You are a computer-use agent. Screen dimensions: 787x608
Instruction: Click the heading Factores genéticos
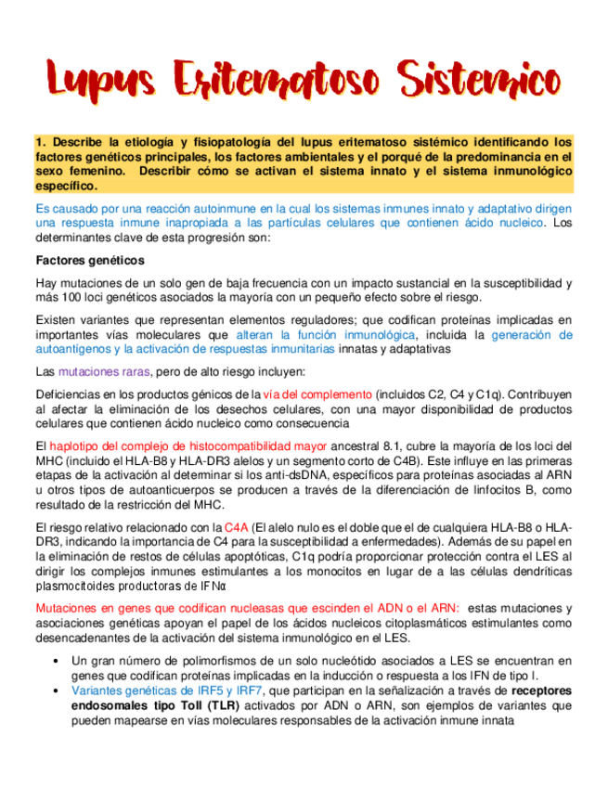coord(89,260)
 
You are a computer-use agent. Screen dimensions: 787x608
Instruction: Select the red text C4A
coord(237,527)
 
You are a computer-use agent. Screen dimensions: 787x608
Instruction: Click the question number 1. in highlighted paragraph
coord(41,142)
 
